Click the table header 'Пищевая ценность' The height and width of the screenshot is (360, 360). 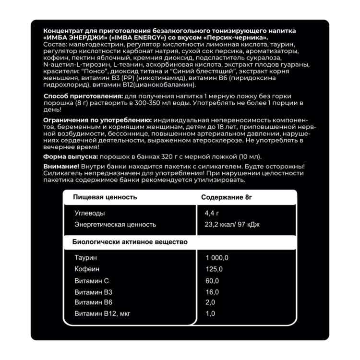[x=105, y=197]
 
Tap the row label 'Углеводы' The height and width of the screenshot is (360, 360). [x=90, y=213]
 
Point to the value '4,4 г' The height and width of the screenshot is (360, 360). [x=212, y=213]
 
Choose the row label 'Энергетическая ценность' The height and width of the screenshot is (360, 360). [x=115, y=224]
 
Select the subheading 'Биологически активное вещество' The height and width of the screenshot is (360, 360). [x=130, y=242]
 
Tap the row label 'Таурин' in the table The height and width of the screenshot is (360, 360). [x=86, y=258]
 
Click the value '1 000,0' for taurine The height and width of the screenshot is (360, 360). [x=217, y=258]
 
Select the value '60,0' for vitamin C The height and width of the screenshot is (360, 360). [x=212, y=280]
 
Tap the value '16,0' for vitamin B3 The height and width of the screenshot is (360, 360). [x=212, y=291]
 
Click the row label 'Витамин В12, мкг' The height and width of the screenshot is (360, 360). [x=102, y=314]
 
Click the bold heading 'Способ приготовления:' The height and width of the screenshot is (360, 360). [x=79, y=96]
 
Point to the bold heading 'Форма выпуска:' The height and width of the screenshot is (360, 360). [x=67, y=156]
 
